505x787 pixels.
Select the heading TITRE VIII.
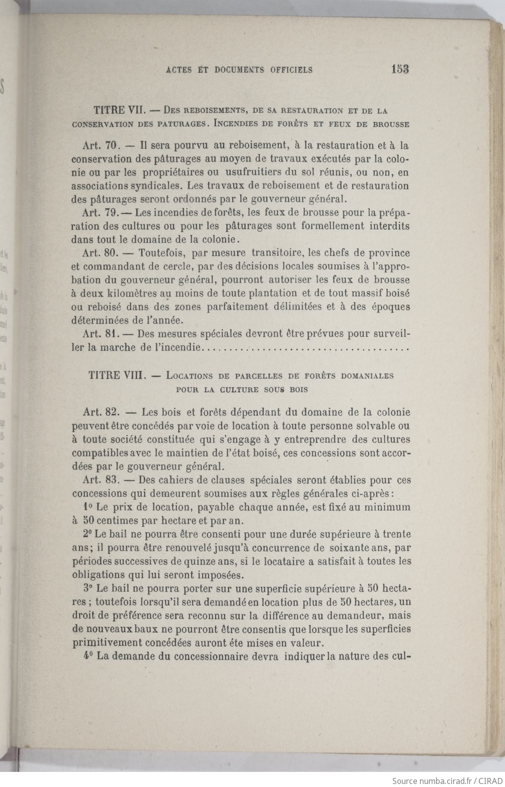tap(114, 375)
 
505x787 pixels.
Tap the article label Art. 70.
tap(99, 146)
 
